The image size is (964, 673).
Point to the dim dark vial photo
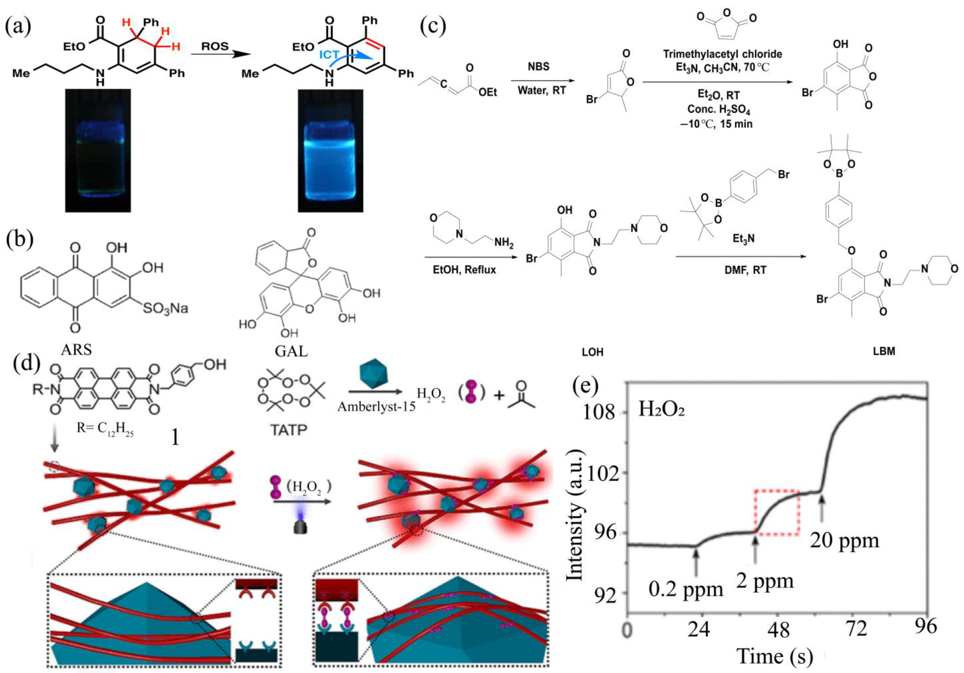point(98,150)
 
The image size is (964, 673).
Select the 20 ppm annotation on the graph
point(844,540)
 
